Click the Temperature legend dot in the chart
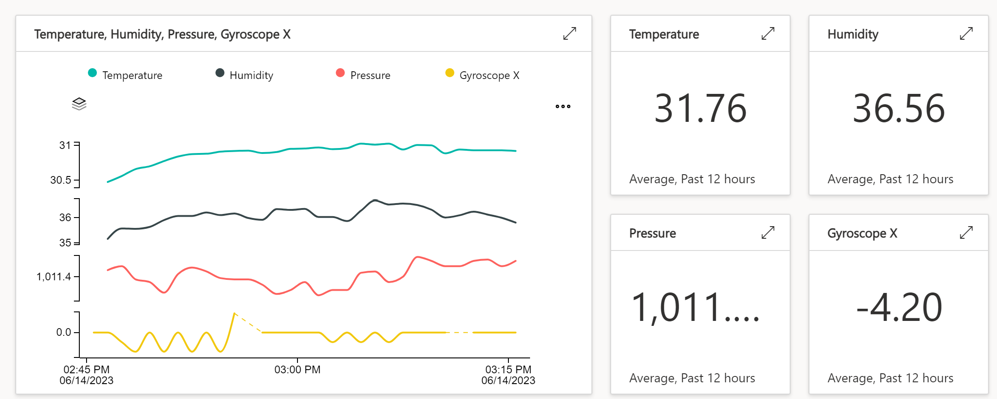coord(92,73)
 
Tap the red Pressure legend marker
coord(340,73)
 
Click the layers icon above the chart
coord(79,104)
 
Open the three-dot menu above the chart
coord(563,107)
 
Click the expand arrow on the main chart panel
coord(570,34)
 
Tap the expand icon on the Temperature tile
coord(768,34)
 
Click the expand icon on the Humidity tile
coord(966,34)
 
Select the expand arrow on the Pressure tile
coord(768,233)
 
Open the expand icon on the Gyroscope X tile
coord(966,233)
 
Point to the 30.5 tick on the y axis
coord(61,180)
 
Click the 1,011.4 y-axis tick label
coord(54,277)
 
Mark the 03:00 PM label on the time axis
coord(297,370)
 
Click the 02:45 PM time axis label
coord(87,370)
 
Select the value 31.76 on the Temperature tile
coord(700,108)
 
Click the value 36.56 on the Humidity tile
coord(899,108)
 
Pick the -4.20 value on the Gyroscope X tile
coord(899,307)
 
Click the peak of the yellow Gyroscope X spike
coord(234,313)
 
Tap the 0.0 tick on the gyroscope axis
coord(64,333)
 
